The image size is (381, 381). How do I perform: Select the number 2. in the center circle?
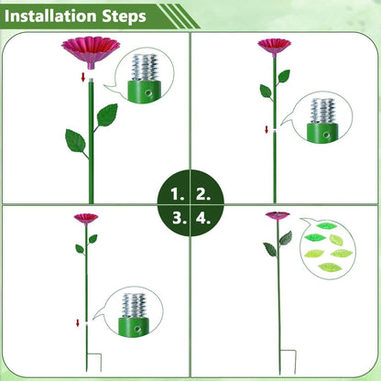203,194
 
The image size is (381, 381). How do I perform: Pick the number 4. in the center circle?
203,217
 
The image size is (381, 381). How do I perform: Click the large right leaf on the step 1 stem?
107,115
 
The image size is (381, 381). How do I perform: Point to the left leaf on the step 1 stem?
74,140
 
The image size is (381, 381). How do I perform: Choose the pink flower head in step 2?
273,45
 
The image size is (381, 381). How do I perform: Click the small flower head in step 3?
85,218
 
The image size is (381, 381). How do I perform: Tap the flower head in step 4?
277,216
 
